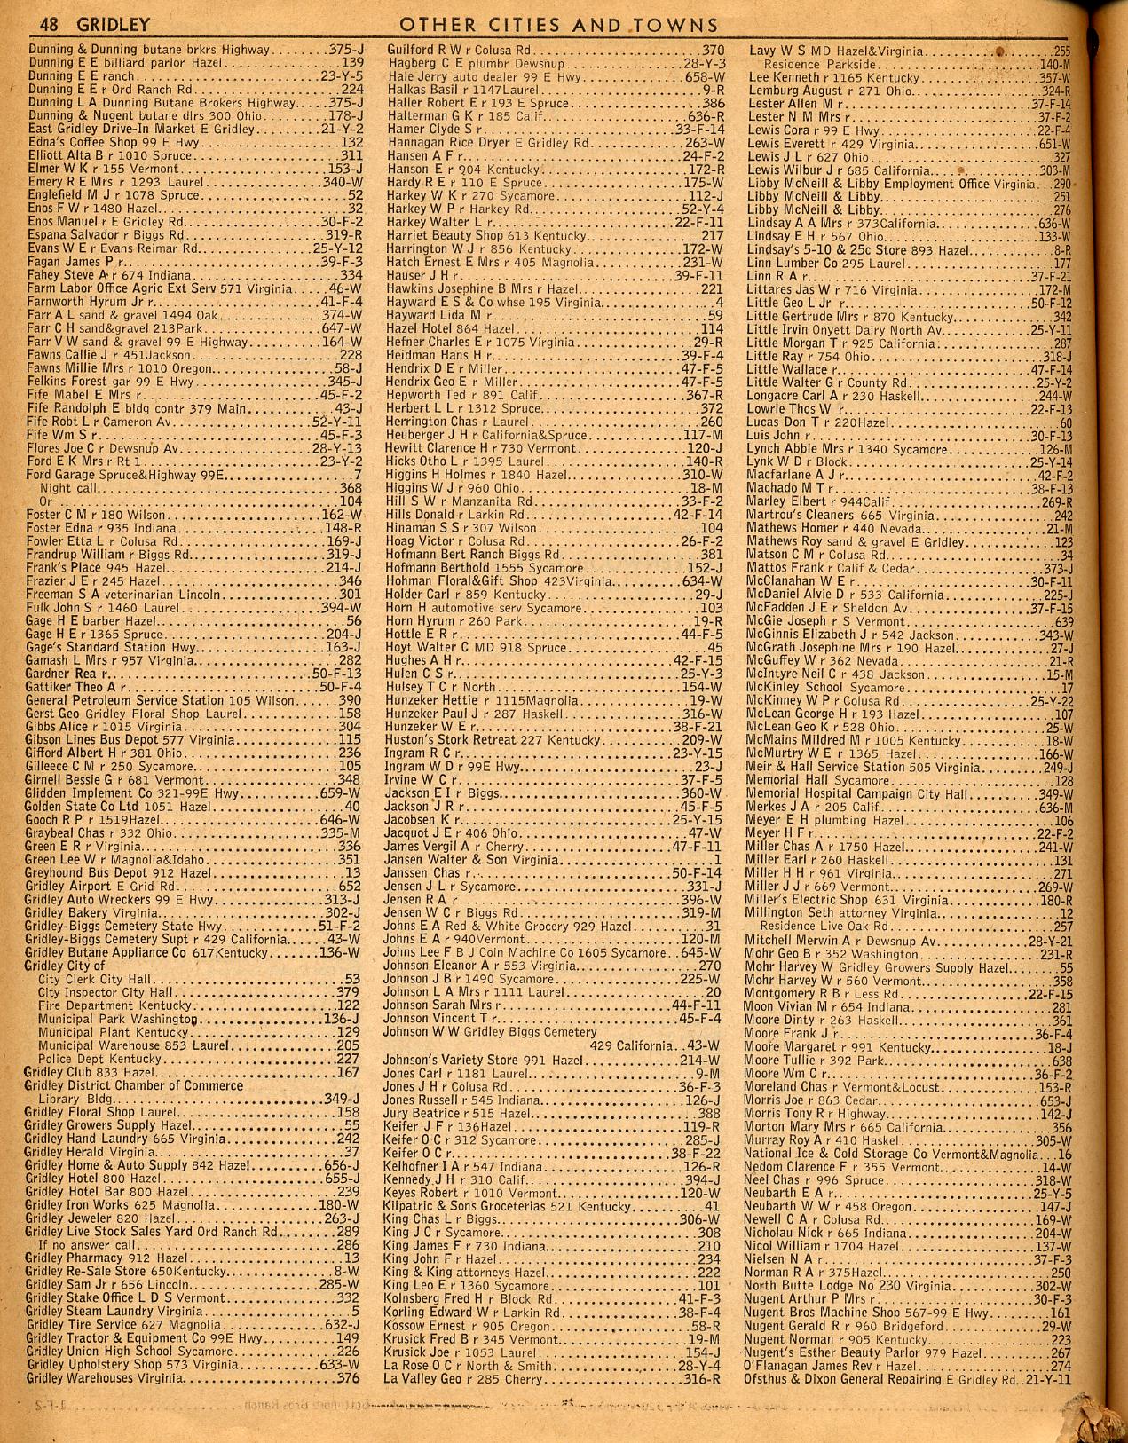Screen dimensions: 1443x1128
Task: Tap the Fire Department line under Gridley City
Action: coord(115,1006)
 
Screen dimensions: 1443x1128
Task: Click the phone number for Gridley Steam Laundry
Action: coord(354,1312)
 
